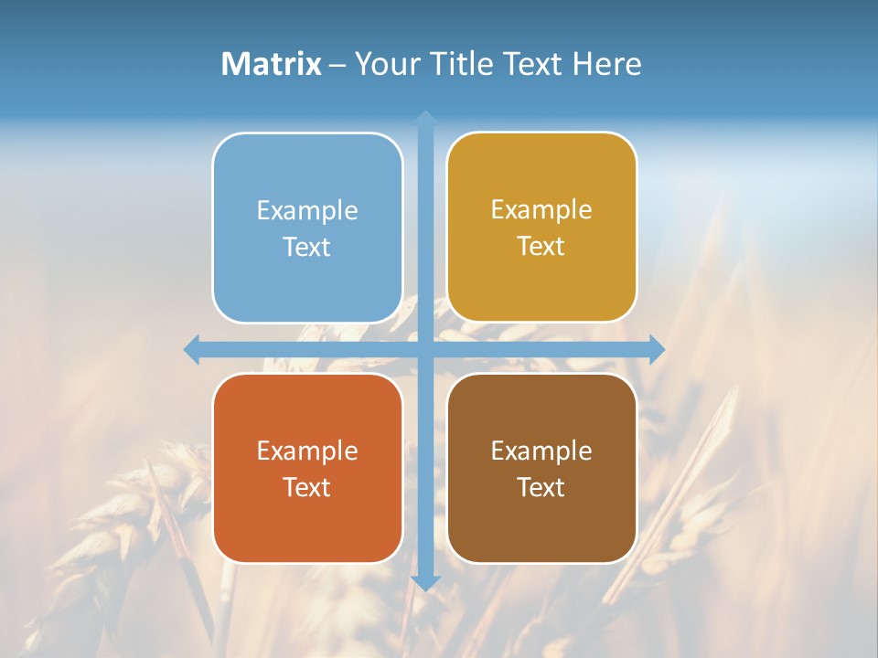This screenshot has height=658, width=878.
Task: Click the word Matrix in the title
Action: tap(272, 64)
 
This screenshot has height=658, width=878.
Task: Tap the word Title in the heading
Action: tap(461, 64)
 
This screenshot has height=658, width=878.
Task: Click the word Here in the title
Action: tap(607, 64)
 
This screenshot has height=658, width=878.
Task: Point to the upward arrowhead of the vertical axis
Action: tap(425, 117)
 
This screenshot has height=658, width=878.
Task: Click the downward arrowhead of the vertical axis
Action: tap(425, 582)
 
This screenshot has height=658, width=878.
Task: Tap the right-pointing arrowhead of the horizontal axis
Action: tap(657, 349)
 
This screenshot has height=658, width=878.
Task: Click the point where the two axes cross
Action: tap(425, 349)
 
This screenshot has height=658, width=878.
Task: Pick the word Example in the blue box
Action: tap(307, 211)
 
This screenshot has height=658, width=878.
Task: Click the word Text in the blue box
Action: tap(307, 248)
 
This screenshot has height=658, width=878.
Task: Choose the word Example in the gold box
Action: tap(541, 210)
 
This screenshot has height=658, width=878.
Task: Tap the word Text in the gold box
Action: tap(541, 247)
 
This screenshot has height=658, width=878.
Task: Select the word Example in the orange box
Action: tap(307, 451)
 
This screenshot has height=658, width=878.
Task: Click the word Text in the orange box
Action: tap(307, 487)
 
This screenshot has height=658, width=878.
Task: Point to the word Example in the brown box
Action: tap(541, 451)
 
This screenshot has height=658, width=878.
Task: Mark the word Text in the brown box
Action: tap(541, 487)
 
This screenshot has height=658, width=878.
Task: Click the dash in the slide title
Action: tap(338, 65)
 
